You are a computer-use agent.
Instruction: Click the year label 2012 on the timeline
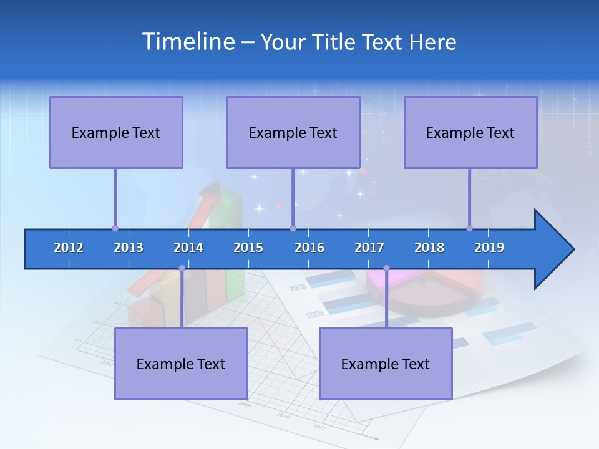(69, 248)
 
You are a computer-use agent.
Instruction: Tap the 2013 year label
(129, 248)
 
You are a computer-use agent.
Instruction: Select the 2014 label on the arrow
(188, 248)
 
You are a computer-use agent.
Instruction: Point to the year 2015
(248, 248)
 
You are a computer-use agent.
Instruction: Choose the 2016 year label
(309, 248)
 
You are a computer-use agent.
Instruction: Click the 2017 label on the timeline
(369, 248)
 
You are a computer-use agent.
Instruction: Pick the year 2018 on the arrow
(429, 248)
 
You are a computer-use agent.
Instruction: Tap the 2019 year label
(489, 248)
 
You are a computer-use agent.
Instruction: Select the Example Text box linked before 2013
(116, 132)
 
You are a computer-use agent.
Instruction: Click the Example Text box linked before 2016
(293, 132)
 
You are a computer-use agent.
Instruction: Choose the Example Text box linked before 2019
(470, 132)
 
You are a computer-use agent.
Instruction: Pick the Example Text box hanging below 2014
(181, 364)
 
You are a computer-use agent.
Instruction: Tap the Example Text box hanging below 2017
(386, 364)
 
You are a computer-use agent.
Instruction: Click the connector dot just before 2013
(115, 228)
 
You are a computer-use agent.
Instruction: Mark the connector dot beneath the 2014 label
(182, 268)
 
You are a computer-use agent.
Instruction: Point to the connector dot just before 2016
(293, 228)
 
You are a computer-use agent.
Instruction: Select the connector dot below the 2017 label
(386, 268)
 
